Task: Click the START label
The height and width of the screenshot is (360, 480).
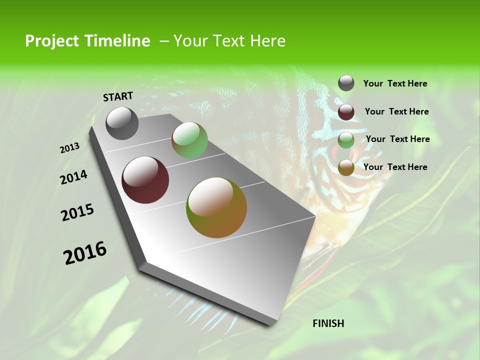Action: pos(118,96)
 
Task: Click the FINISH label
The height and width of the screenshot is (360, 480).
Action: pos(328,323)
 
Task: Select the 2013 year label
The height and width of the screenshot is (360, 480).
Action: pos(69,148)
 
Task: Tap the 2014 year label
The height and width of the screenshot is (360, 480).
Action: pos(73,177)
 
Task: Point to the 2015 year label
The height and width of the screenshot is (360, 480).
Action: pos(77,212)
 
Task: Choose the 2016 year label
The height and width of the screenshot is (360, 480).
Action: pos(85,253)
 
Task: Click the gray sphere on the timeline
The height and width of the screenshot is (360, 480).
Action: pos(122,123)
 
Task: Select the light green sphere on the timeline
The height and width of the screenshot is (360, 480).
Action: pos(189,140)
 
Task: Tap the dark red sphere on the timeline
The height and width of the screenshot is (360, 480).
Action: pos(145,180)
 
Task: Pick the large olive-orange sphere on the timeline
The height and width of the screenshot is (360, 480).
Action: pos(216,207)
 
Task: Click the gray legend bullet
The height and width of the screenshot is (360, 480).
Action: pos(346,83)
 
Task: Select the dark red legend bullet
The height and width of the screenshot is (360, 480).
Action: pos(346,112)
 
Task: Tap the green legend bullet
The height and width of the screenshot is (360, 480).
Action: pos(346,140)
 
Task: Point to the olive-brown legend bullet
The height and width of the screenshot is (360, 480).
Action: pos(346,167)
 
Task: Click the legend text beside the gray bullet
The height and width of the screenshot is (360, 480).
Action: pos(395,83)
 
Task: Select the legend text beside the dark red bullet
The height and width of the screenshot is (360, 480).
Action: pos(396,111)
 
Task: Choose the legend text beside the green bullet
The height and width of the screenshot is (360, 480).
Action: pos(397,139)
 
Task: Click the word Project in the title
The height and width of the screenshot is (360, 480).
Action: pos(52,41)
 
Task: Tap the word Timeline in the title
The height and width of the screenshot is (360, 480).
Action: pos(117,41)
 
